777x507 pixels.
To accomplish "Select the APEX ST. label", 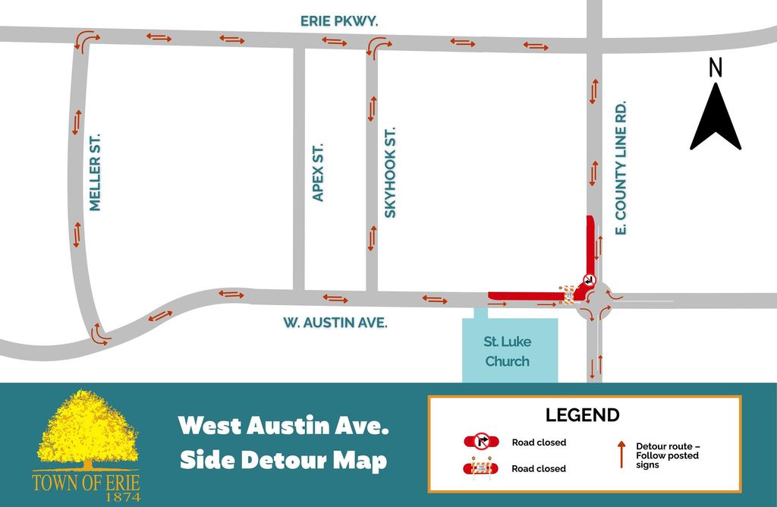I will click(318, 172).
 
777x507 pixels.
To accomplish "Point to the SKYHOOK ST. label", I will click(390, 173).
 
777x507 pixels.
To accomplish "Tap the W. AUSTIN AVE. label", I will click(335, 323).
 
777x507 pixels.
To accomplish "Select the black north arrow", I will click(715, 117).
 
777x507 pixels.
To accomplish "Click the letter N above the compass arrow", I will click(715, 68).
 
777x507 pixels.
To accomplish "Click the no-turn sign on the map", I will click(589, 280).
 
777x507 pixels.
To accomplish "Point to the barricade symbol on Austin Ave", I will click(567, 294).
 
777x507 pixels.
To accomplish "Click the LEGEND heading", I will click(582, 415).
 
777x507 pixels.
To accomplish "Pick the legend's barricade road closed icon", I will click(481, 468).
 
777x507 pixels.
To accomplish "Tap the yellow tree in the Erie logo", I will click(87, 430).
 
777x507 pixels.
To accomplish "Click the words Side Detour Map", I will click(283, 461).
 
